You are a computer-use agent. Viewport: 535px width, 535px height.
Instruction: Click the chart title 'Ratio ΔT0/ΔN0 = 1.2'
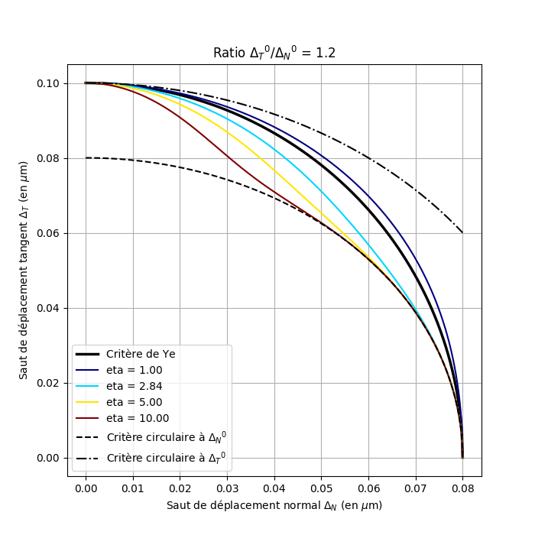274,53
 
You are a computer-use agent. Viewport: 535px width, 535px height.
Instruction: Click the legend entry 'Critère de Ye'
141,354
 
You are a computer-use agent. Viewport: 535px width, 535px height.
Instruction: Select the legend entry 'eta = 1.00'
134,370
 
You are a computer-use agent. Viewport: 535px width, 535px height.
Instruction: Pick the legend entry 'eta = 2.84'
134,386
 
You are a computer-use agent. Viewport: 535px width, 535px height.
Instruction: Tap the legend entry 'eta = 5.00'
134,402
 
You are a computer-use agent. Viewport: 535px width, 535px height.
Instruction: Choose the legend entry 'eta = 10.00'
138,418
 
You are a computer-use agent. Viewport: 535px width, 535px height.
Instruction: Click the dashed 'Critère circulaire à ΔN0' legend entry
166,436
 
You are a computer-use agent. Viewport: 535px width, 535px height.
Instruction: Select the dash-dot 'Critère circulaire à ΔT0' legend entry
166,457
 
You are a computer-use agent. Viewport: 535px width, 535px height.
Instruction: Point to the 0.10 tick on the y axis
47,83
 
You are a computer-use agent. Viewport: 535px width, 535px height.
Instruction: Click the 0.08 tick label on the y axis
47,158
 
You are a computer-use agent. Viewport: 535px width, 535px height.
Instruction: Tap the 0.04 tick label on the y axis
47,308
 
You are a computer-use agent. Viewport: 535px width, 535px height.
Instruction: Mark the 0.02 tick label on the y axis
47,383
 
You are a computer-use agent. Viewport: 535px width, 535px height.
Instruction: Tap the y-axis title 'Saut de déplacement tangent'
24,270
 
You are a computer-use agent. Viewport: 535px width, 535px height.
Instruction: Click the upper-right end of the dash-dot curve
462,232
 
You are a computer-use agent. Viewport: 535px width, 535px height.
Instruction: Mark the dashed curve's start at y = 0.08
86,158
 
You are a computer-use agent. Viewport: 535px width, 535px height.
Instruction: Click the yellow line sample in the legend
88,402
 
